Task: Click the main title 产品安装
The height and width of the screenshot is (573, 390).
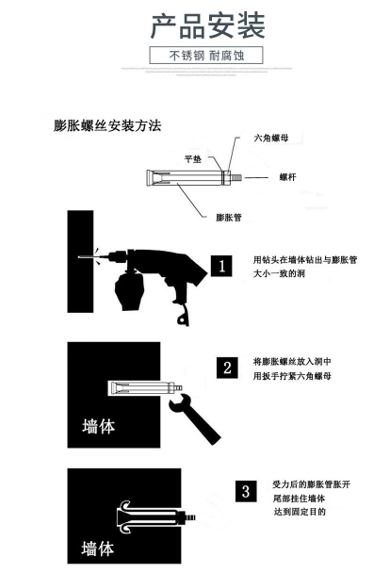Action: click(207, 25)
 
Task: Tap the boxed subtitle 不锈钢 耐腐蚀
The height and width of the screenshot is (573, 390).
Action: click(206, 56)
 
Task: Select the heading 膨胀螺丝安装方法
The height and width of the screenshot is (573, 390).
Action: click(107, 125)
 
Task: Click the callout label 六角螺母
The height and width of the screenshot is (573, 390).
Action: click(271, 138)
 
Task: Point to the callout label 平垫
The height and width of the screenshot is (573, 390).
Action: click(193, 159)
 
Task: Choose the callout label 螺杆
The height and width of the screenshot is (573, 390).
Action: click(287, 177)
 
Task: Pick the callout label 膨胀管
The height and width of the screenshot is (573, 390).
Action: click(229, 218)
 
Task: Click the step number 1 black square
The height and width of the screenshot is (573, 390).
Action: click(221, 266)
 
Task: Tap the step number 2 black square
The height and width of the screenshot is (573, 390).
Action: click(227, 368)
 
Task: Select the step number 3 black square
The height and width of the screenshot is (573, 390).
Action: click(246, 491)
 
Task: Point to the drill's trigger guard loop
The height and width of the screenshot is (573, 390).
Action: click(183, 317)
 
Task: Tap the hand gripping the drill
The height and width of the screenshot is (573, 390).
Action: click(129, 291)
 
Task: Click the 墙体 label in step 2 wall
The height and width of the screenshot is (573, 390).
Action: click(99, 427)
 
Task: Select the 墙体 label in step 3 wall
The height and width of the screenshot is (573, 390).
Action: click(98, 548)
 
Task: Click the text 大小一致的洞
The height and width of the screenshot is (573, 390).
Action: click(279, 273)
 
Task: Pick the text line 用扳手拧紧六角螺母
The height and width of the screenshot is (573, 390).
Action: click(292, 376)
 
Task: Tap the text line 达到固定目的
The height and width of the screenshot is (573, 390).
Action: click(300, 512)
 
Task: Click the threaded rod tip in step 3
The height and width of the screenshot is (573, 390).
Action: click(190, 517)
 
